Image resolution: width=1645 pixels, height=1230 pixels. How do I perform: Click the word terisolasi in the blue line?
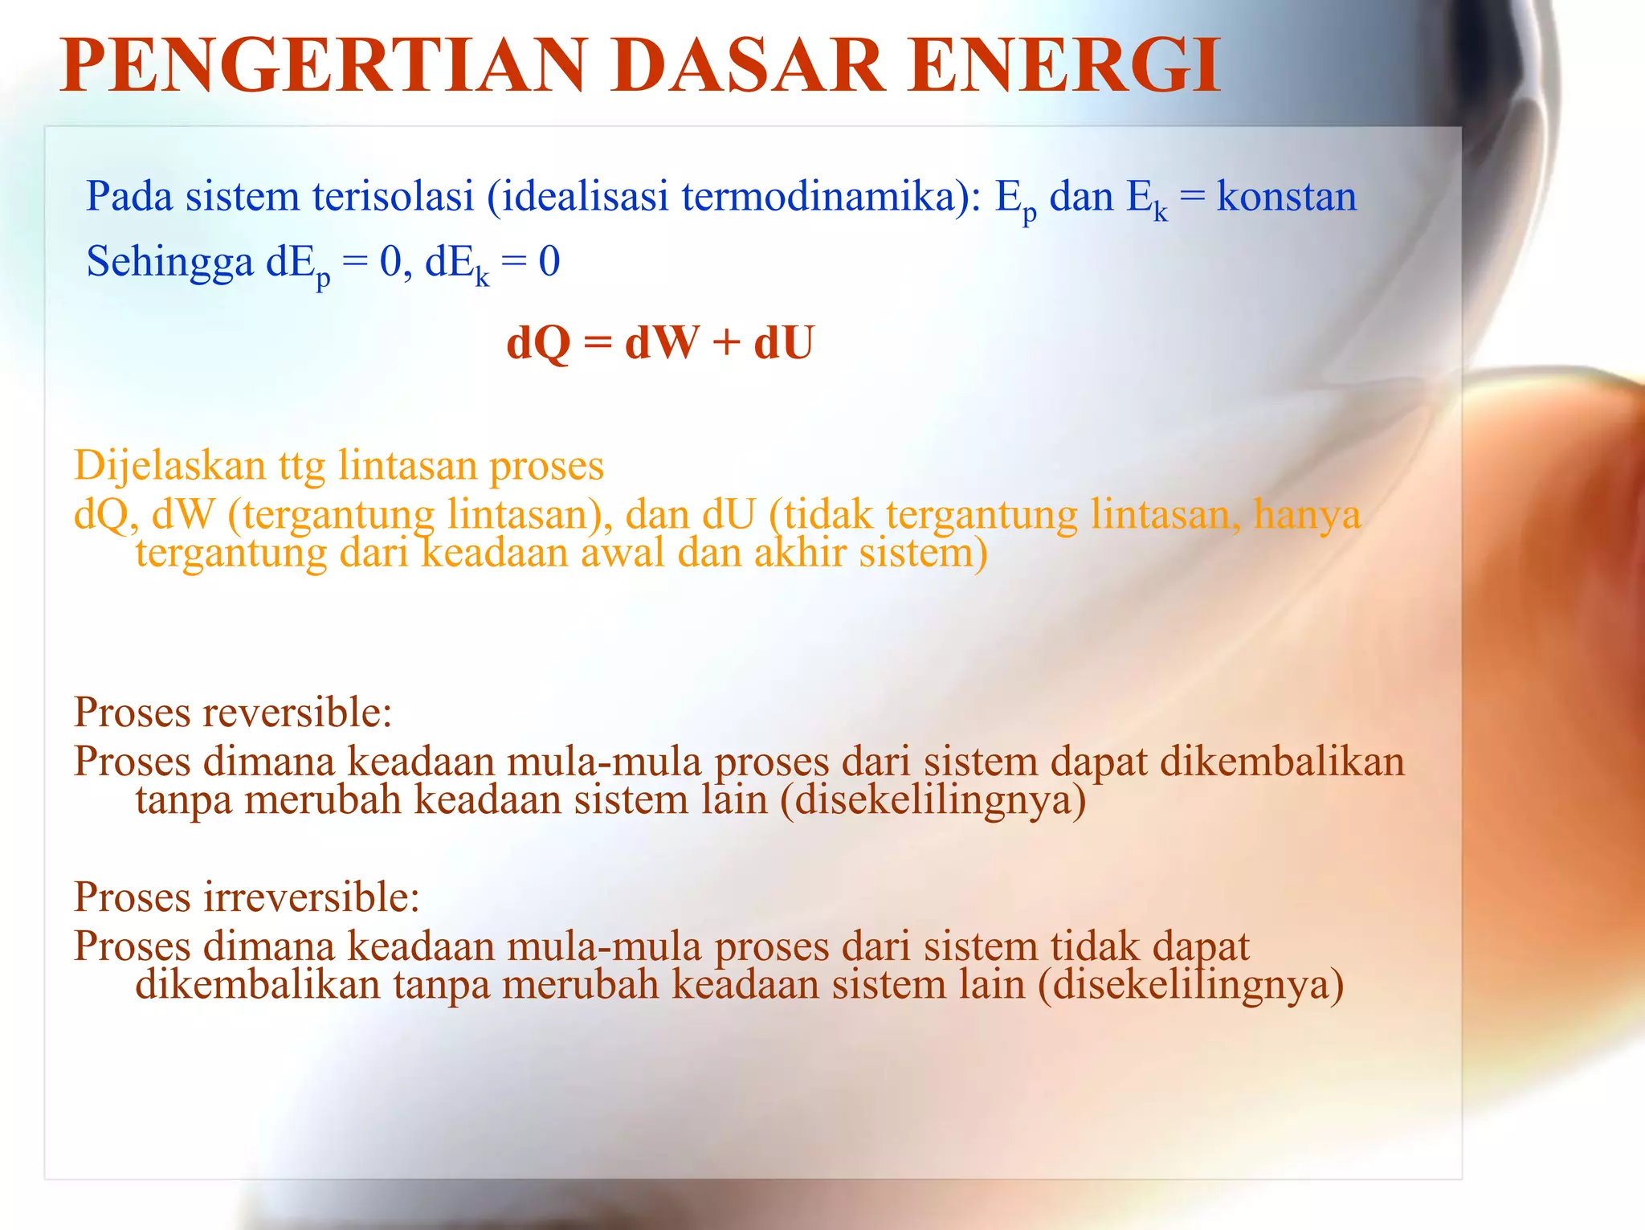[393, 196]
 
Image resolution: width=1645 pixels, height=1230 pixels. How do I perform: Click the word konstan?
[1286, 196]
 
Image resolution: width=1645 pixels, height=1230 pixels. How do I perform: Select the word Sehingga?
[169, 263]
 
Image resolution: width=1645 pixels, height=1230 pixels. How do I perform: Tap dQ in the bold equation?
[537, 343]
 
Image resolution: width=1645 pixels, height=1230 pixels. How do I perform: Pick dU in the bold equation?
[784, 343]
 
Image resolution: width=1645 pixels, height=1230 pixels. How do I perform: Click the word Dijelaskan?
[169, 466]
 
